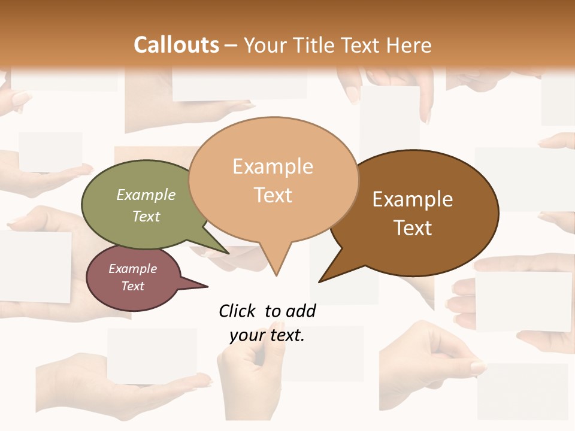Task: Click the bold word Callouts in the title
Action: point(176,45)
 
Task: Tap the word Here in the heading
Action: point(410,45)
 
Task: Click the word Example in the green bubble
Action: point(146,195)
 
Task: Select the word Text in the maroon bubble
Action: point(133,286)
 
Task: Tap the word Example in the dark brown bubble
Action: point(413,199)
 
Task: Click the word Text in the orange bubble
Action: point(273,195)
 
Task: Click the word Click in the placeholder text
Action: point(237,311)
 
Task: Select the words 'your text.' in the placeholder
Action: point(267,335)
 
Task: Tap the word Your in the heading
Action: point(265,45)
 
